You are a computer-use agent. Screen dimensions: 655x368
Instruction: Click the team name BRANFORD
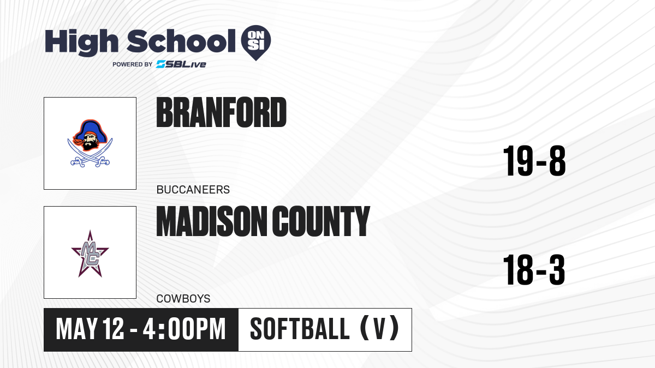[x=222, y=112]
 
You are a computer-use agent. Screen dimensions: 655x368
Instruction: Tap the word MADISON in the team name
[x=210, y=221]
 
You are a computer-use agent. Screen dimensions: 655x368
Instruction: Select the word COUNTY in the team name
[x=321, y=221]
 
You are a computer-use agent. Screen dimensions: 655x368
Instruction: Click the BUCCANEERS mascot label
[x=193, y=190]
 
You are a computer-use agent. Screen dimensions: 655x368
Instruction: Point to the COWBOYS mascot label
[x=183, y=299]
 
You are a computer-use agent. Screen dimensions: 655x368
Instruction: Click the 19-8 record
[x=534, y=161]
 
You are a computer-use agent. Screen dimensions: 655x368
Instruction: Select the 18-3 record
[x=534, y=269]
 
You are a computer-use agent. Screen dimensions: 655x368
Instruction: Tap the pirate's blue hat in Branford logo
[x=90, y=129]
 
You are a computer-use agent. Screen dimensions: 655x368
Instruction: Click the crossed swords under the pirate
[x=90, y=155]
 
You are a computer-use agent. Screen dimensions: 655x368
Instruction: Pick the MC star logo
[x=90, y=254]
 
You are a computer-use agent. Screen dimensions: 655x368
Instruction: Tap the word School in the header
[x=181, y=41]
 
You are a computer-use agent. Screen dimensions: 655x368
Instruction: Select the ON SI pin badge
[x=256, y=43]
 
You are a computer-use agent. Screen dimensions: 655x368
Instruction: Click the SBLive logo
[x=181, y=64]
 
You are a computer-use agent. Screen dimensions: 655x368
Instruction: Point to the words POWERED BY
[x=133, y=64]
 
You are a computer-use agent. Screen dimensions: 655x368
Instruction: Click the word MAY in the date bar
[x=77, y=329]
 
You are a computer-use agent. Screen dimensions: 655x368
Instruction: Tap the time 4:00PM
[x=184, y=329]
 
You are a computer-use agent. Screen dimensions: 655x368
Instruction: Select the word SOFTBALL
[x=300, y=329]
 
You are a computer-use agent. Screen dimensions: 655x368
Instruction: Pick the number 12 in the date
[x=114, y=329]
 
